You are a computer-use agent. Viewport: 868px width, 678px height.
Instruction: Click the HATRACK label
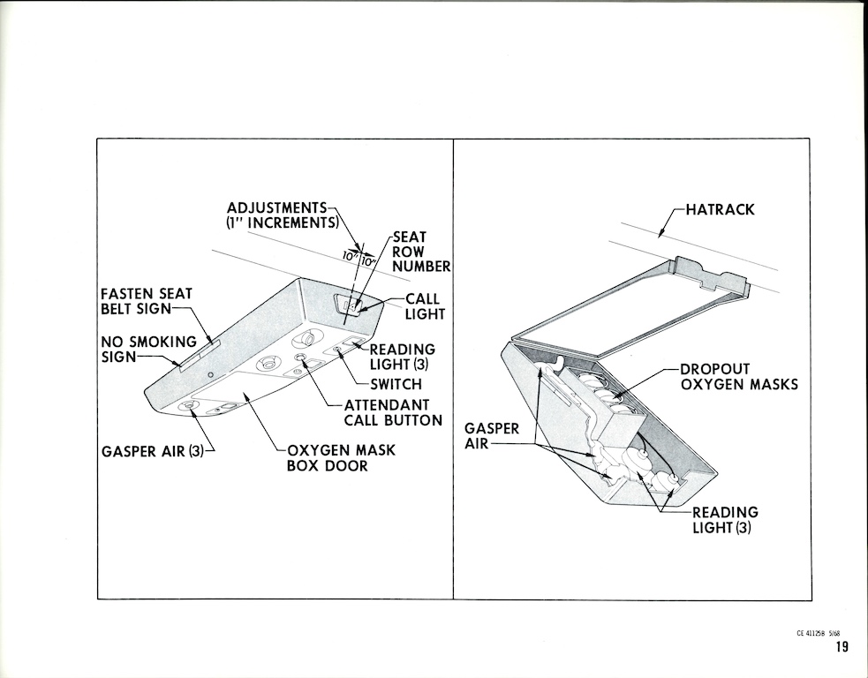click(721, 210)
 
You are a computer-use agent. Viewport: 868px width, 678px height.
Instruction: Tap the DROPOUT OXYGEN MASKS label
click(738, 376)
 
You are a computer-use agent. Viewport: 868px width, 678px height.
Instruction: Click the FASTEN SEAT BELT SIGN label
click(146, 300)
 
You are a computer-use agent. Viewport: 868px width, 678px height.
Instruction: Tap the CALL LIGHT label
click(425, 306)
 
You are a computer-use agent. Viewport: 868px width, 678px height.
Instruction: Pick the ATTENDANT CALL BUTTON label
click(392, 412)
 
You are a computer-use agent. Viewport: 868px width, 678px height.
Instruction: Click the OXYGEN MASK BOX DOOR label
click(341, 457)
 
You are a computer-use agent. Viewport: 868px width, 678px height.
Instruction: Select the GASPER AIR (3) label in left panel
click(155, 452)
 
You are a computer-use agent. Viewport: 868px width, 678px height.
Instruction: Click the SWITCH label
click(395, 384)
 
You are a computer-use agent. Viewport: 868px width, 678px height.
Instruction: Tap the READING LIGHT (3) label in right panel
click(724, 520)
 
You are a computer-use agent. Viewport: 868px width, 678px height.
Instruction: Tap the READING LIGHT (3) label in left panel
click(402, 357)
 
